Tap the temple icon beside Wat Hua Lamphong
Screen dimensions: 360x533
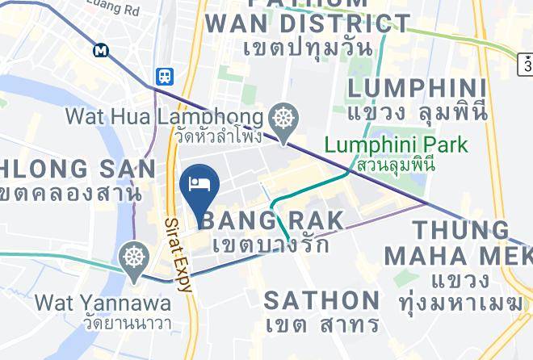tap(283, 118)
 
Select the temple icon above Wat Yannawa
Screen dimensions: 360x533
tap(132, 259)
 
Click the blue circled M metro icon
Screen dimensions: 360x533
tap(101, 50)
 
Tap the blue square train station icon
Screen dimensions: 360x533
tap(165, 76)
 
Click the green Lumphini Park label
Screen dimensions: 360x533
tap(396, 145)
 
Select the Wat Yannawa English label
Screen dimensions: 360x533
tap(103, 303)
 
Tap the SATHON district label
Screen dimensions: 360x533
tap(321, 300)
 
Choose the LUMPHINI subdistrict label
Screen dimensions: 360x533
tap(416, 88)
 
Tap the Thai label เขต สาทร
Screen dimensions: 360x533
tap(323, 324)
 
